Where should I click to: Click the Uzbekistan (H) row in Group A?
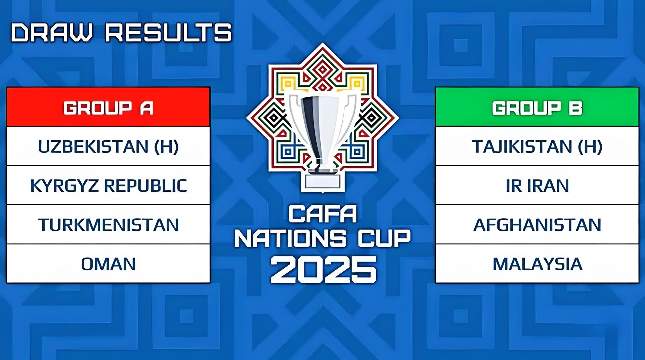pos(108,146)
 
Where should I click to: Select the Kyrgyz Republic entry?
pos(108,185)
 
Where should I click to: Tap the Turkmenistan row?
pos(108,224)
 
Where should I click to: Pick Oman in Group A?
pos(108,264)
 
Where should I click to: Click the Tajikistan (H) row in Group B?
pos(537,146)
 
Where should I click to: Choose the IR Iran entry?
pos(537,185)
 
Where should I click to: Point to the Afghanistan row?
pos(537,224)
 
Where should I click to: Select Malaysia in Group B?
pos(537,264)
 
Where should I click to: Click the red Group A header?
pos(108,107)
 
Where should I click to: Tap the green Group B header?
pos(537,107)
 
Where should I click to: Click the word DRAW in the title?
pos(52,33)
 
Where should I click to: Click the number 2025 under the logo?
pos(323,269)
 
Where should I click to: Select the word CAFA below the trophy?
pos(322,214)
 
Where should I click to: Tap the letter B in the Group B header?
pos(575,108)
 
